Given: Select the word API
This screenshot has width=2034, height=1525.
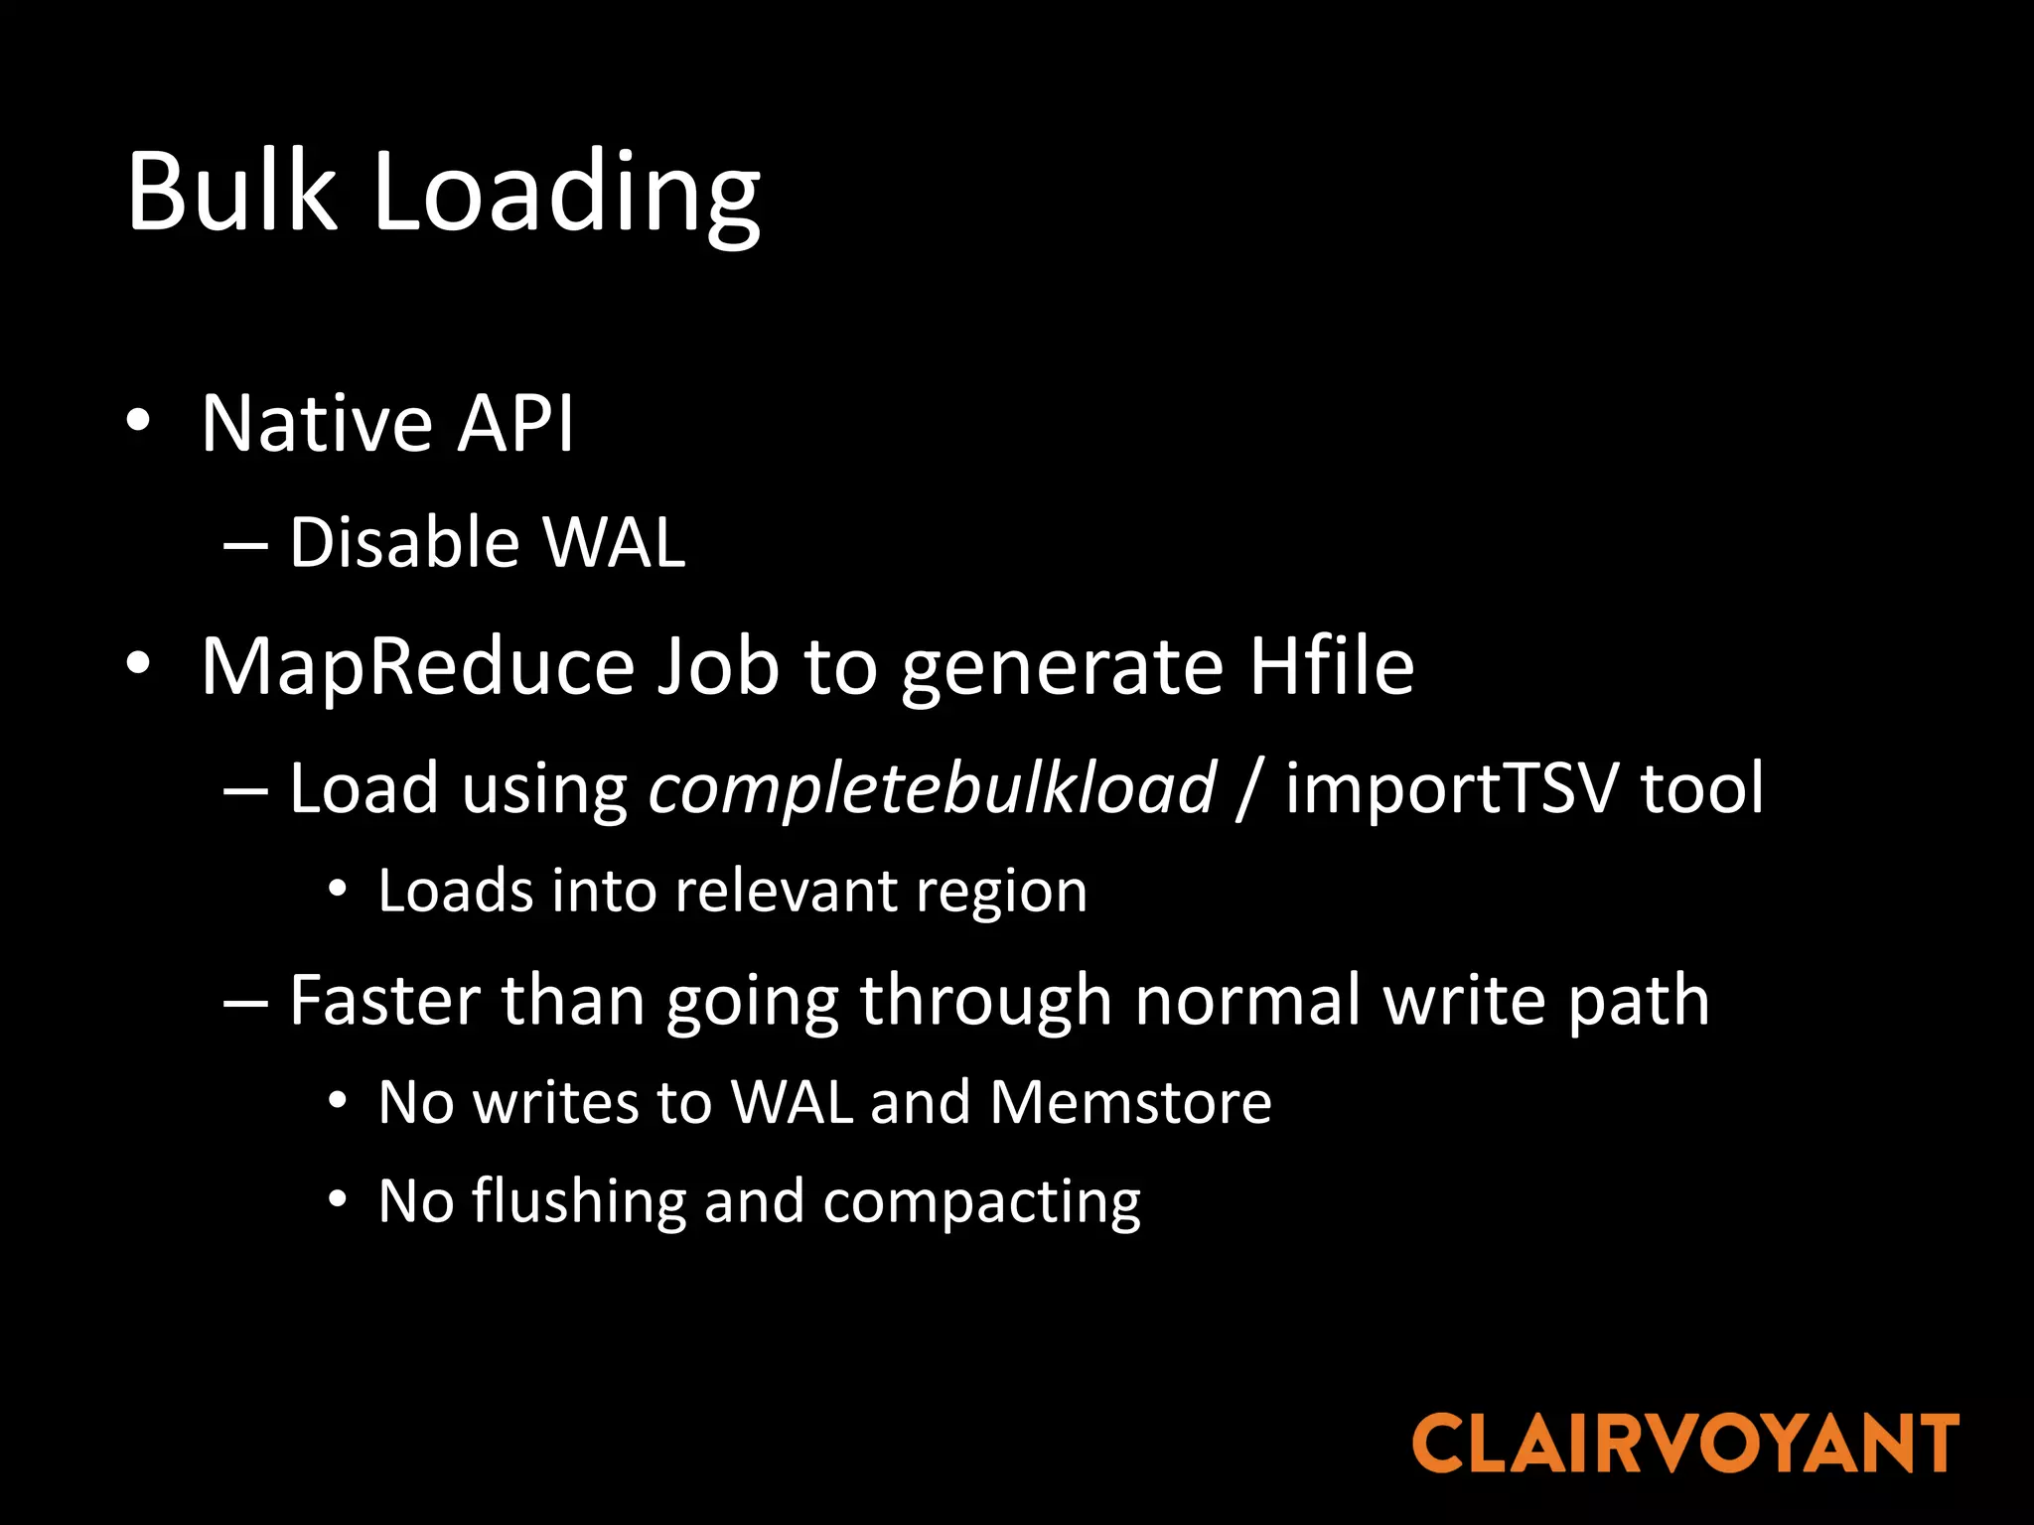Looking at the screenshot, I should coord(515,424).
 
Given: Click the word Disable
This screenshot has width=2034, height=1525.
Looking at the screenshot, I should coord(404,543).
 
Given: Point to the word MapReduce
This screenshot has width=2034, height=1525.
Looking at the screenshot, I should coord(417,667).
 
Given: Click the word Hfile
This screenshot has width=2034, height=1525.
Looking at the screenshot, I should coord(1331,666).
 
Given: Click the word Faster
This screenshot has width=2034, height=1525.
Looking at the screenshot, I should coord(384,1001).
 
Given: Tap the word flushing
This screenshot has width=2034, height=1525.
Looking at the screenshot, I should coord(578,1203).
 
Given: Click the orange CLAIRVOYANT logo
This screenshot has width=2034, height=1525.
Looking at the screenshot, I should coord(1685,1445).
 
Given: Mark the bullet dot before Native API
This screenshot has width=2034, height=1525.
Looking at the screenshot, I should coord(138,421).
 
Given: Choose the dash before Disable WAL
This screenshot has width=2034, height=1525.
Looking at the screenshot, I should coord(245,545).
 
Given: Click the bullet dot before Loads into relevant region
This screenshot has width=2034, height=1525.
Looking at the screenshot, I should coord(338,889).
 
